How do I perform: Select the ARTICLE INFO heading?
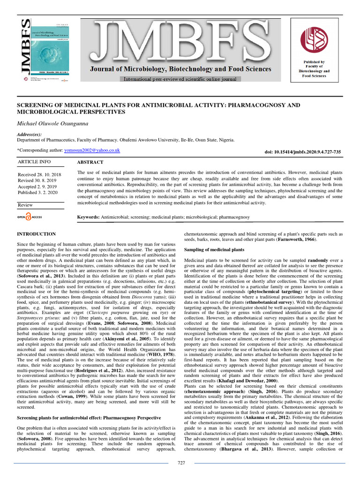(x=34, y=162)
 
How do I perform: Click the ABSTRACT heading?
(x=90, y=162)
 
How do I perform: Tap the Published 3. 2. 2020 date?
(x=38, y=192)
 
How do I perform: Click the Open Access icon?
(x=30, y=217)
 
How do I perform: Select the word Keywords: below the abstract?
(x=88, y=217)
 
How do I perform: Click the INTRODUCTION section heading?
(x=37, y=234)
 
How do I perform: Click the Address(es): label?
(x=29, y=135)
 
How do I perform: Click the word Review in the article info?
(x=25, y=205)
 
